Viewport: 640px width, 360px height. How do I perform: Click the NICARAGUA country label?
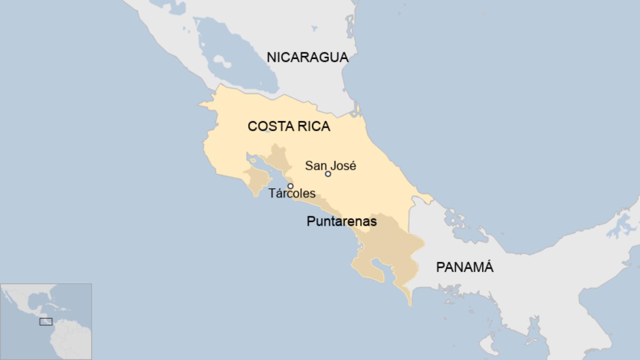(x=307, y=57)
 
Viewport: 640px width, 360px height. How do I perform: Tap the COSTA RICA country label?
(x=289, y=126)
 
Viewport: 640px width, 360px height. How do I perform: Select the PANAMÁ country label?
(x=465, y=267)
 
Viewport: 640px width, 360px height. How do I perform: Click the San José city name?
(x=331, y=165)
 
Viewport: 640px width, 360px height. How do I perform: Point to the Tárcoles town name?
(x=292, y=193)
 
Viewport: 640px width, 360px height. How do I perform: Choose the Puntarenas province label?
(x=342, y=221)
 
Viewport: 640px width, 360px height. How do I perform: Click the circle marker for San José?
(x=328, y=174)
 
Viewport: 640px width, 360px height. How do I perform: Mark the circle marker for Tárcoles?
(x=290, y=186)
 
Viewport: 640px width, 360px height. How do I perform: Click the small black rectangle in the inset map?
(x=46, y=322)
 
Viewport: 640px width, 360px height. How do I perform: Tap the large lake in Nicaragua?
(x=239, y=59)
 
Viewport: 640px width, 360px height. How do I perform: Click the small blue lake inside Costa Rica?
(x=267, y=132)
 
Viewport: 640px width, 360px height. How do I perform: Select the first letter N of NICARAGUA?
(x=271, y=57)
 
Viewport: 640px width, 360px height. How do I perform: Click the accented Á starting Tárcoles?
(x=278, y=193)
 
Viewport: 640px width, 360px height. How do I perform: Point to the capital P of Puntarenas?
(x=310, y=221)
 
